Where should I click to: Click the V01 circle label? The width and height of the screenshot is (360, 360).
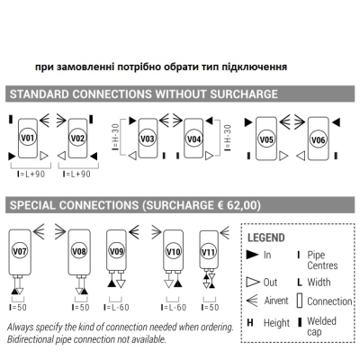click(x=28, y=138)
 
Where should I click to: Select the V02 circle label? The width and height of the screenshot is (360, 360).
click(x=77, y=138)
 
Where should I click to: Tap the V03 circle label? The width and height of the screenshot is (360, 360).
click(x=148, y=139)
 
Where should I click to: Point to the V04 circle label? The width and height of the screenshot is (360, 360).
click(x=193, y=139)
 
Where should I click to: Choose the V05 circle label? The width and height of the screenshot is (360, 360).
click(x=266, y=139)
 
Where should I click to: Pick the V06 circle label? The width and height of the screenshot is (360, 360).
click(x=318, y=139)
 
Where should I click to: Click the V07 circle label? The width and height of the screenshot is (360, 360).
click(x=20, y=251)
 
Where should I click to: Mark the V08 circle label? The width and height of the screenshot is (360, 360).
click(x=79, y=251)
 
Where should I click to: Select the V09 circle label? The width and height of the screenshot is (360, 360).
click(x=116, y=251)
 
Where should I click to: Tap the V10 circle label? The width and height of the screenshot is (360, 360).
click(x=173, y=251)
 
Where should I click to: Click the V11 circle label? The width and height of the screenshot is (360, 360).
click(x=209, y=251)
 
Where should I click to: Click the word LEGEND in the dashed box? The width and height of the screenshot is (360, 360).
click(x=266, y=238)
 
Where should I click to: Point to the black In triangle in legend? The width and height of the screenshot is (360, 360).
click(x=252, y=255)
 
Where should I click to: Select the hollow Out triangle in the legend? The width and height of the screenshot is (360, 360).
click(x=253, y=282)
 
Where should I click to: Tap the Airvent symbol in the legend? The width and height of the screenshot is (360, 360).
click(x=252, y=301)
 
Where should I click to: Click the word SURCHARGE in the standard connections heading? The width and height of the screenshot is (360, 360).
click(x=244, y=94)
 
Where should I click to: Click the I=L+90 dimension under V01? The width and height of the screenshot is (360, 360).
click(x=31, y=174)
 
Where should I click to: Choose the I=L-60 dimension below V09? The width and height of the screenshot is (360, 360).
click(x=116, y=308)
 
